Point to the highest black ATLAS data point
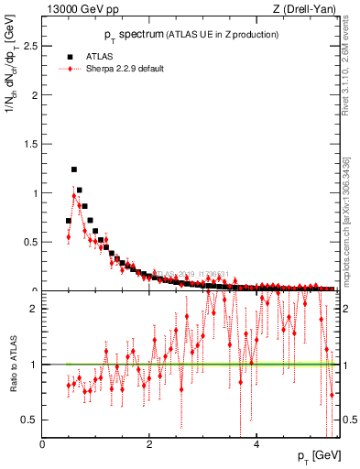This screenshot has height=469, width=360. pos(74,169)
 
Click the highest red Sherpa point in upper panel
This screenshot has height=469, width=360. pos(74,195)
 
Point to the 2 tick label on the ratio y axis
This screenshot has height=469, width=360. pos(33,309)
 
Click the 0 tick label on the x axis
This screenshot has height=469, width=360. pos(42,444)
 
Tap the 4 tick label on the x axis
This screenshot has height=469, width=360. pos(256,444)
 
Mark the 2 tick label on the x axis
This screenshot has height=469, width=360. pos(149,444)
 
